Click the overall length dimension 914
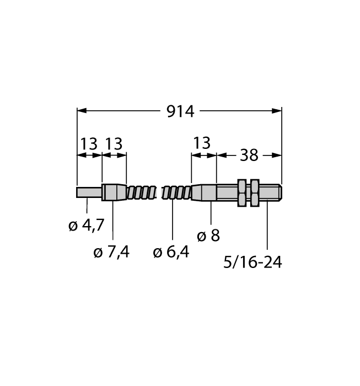pyautogui.click(x=180, y=111)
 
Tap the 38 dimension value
pyautogui.click(x=249, y=156)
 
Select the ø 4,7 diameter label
pyautogui.click(x=87, y=225)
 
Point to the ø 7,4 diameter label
pyautogui.click(x=111, y=252)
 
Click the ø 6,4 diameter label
pyautogui.click(x=171, y=252)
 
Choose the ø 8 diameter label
pyautogui.click(x=208, y=235)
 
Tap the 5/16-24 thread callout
pyautogui.click(x=252, y=262)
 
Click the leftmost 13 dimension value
pyautogui.click(x=89, y=144)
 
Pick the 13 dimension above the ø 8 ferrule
pyautogui.click(x=202, y=143)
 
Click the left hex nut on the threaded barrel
pyautogui.click(x=241, y=193)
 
